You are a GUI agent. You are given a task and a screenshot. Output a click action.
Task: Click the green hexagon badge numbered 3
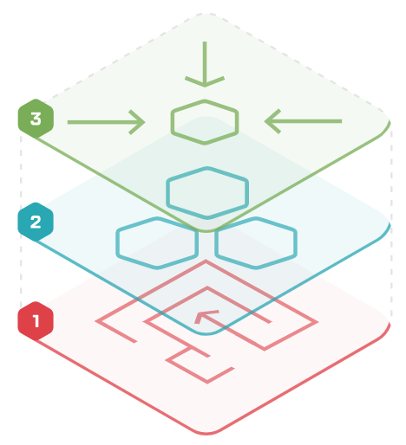pyautogui.click(x=36, y=119)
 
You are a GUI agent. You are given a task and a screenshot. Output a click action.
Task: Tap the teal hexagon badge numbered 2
pyautogui.click(x=36, y=222)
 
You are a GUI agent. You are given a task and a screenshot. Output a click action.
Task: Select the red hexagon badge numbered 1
pyautogui.click(x=36, y=321)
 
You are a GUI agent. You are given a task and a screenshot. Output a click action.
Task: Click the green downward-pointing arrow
pyautogui.click(x=205, y=64)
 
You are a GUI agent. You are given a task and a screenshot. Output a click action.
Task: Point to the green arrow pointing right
pyautogui.click(x=106, y=122)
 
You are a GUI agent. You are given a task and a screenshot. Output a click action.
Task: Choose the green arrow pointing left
pyautogui.click(x=303, y=121)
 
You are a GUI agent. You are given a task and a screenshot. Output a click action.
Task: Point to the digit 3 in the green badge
pyautogui.click(x=36, y=119)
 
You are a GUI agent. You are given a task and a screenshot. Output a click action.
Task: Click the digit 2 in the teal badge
pyautogui.click(x=36, y=222)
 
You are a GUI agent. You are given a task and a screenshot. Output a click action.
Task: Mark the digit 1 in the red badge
pyautogui.click(x=36, y=321)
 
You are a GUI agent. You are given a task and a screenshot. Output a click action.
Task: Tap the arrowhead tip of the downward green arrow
pyautogui.click(x=205, y=87)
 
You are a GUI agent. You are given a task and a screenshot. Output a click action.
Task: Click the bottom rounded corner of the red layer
pyautogui.click(x=206, y=434)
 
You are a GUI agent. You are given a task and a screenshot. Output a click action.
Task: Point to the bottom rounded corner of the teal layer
pyautogui.click(x=206, y=334)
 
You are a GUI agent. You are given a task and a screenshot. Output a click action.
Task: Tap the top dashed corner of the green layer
pyautogui.click(x=206, y=13)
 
